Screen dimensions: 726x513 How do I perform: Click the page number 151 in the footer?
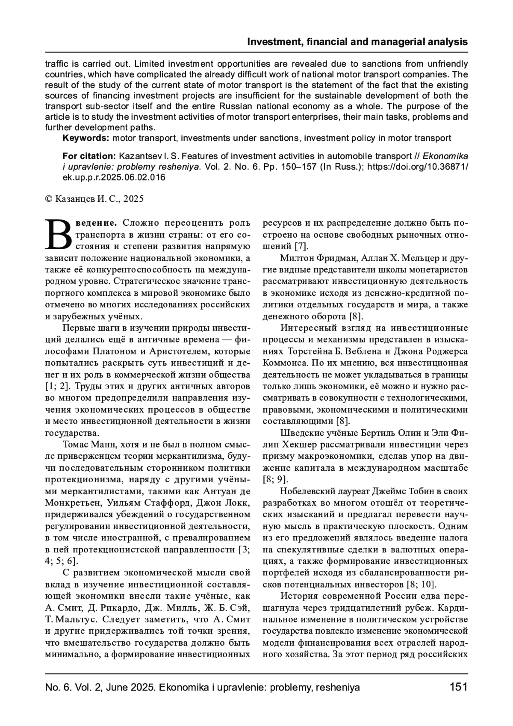point(458,688)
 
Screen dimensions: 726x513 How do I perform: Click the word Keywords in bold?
point(85,138)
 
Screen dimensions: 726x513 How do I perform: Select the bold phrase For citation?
point(89,156)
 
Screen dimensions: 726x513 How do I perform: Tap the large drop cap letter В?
point(59,235)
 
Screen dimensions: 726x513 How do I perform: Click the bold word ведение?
point(97,223)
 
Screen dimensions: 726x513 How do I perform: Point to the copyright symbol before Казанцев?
point(48,199)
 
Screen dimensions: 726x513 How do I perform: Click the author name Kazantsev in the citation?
point(139,156)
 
